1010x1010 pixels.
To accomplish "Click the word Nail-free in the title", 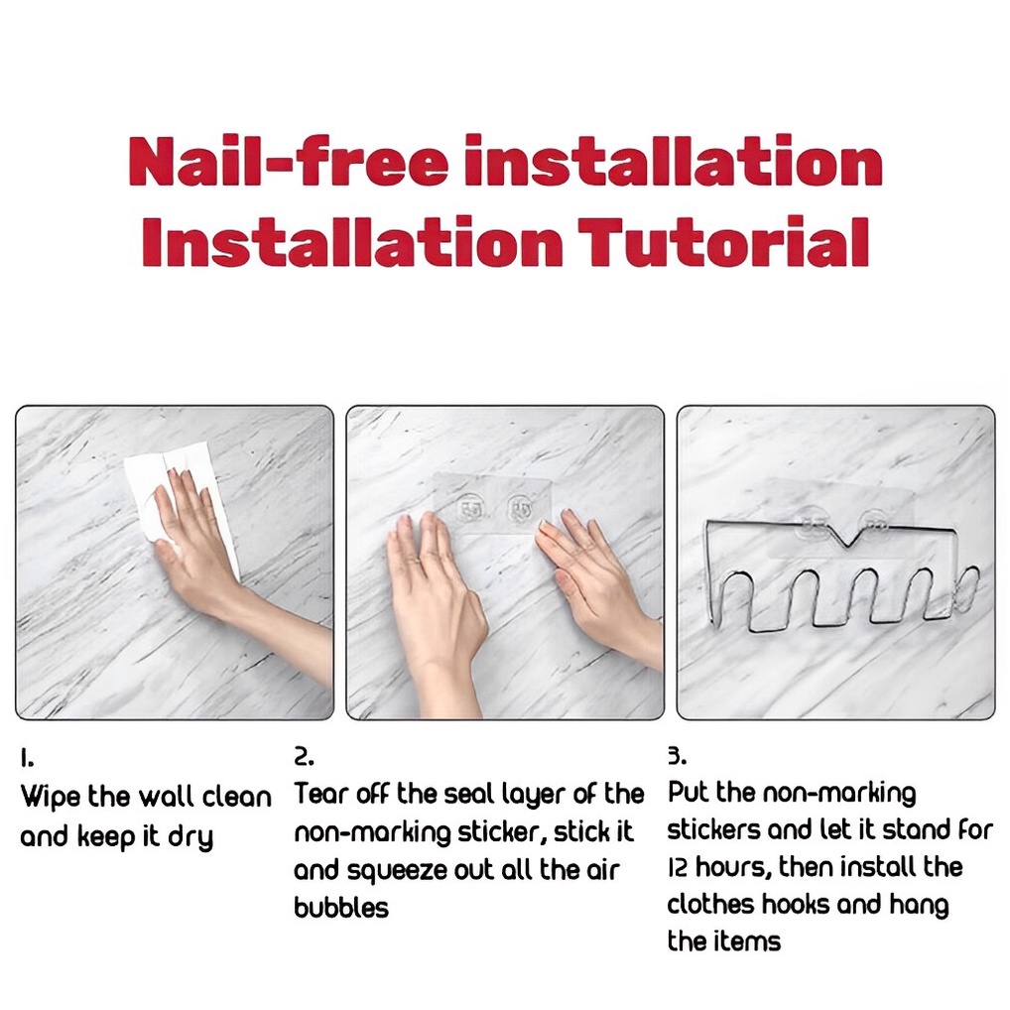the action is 288,160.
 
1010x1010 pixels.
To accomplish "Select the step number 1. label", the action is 27,759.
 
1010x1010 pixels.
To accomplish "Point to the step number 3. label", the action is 677,756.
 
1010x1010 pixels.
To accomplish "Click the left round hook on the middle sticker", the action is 469,508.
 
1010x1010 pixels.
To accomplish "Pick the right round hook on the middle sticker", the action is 519,508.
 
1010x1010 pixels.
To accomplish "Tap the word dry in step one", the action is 190,837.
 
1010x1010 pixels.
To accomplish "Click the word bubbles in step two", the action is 341,908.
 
